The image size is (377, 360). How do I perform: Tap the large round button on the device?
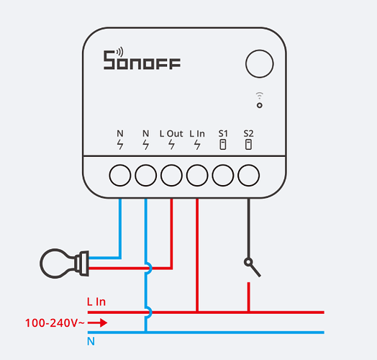(260, 64)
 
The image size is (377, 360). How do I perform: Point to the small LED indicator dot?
(260, 105)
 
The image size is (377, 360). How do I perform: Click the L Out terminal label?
(171, 134)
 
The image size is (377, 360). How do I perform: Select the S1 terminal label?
(223, 133)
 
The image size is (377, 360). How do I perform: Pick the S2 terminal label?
(248, 133)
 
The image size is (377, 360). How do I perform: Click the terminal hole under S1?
(222, 175)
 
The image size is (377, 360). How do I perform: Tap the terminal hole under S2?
(249, 175)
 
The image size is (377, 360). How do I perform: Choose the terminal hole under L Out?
(171, 175)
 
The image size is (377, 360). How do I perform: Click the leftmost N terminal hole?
(120, 175)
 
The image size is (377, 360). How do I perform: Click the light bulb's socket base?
(82, 264)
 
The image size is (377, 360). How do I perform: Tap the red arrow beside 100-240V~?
(97, 323)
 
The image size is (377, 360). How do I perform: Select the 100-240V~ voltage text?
(55, 323)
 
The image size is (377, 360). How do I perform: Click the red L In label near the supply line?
(96, 302)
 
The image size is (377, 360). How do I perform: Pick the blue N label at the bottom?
(91, 341)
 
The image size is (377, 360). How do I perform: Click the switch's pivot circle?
(248, 262)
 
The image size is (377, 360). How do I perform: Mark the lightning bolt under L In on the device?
(197, 145)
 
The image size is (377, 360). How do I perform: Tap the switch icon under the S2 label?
(248, 145)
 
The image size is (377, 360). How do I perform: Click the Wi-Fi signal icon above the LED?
(260, 95)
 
